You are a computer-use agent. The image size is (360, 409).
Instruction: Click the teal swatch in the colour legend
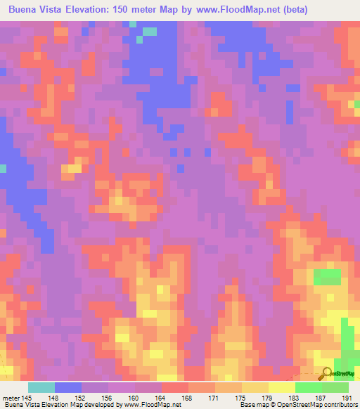tap(41, 387)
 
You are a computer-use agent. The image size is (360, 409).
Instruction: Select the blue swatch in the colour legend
tap(68, 387)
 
